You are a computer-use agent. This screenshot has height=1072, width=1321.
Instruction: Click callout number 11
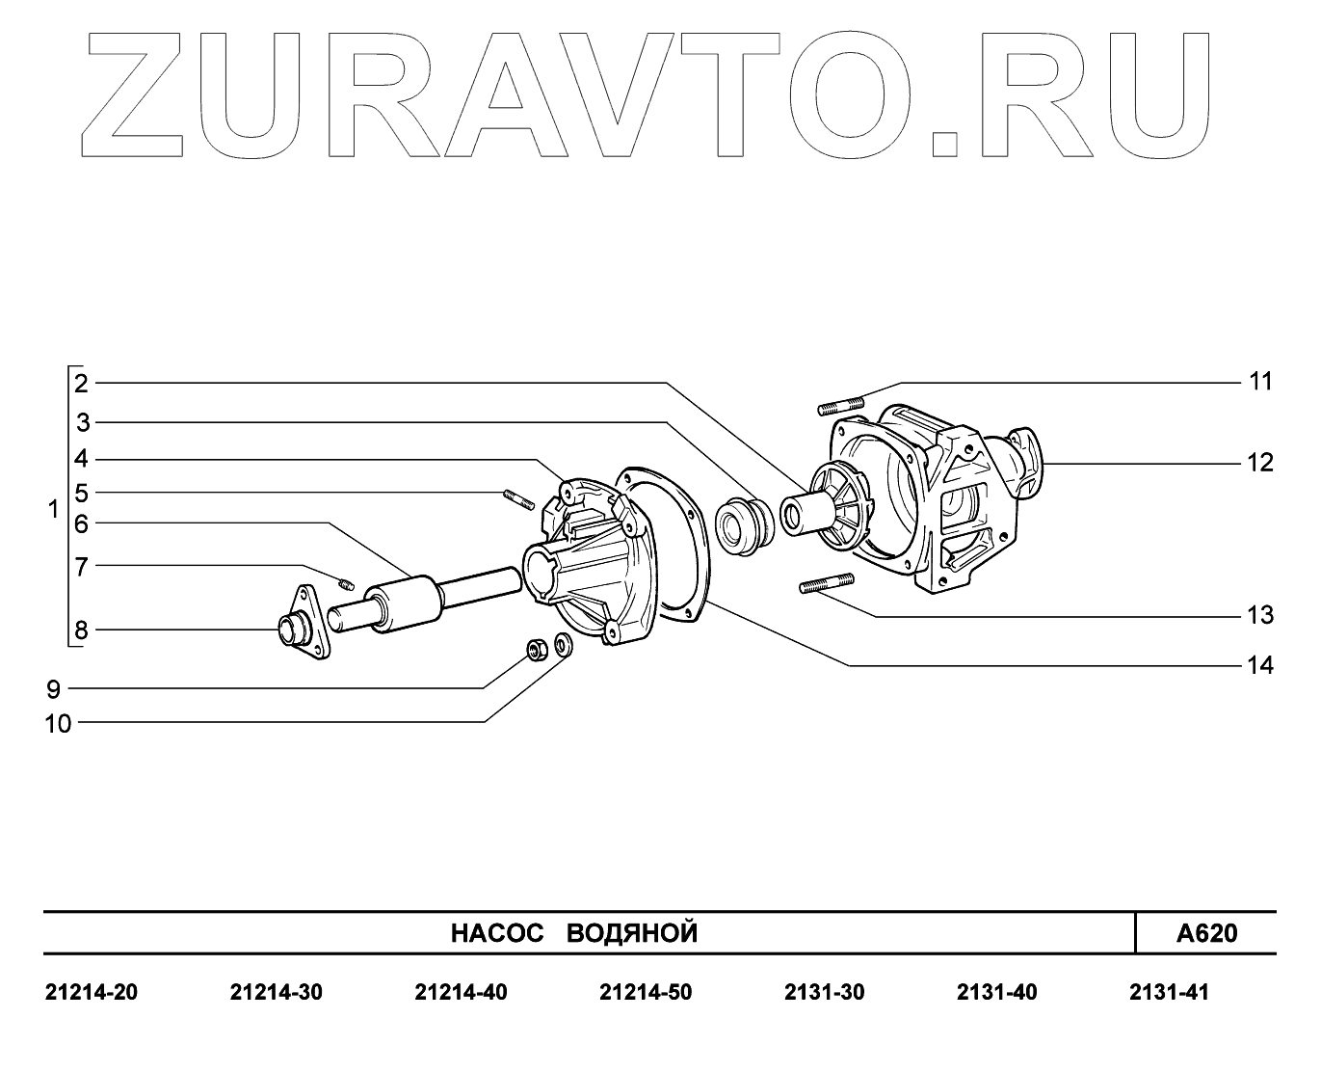pos(1260,382)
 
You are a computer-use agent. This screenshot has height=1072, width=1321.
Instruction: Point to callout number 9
pos(53,689)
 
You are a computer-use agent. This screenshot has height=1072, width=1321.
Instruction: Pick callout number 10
pos(59,723)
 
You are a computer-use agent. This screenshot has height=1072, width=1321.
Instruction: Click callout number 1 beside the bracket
pos(54,509)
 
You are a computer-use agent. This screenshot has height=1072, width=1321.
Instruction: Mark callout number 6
pos(81,524)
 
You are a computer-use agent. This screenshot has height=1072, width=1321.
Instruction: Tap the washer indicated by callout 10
pos(565,646)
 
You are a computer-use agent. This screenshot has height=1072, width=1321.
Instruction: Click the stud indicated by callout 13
pos(827,584)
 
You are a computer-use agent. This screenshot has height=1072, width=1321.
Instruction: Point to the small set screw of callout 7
pos(348,581)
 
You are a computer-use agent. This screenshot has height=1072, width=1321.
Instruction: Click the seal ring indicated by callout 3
pos(744,525)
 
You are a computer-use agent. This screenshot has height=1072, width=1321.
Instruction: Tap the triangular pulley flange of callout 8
pos(305,623)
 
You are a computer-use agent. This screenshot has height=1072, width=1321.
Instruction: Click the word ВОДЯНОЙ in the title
pos(631,933)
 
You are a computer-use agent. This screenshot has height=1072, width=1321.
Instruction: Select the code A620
pos(1206,933)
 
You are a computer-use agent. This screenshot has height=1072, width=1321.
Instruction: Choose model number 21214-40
pos(461,992)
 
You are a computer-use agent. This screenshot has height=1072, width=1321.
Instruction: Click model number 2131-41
pos(1168,992)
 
